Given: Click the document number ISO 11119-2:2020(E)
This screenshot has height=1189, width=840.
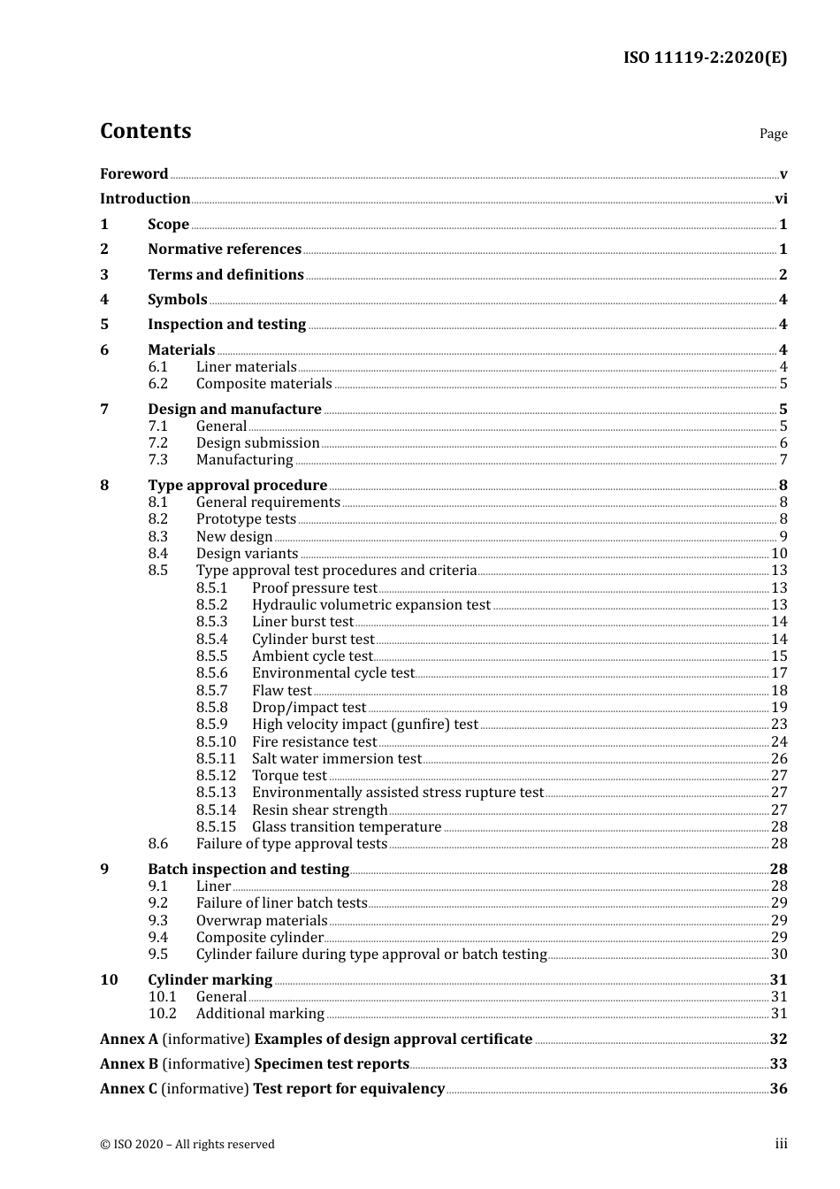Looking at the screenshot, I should [705, 58].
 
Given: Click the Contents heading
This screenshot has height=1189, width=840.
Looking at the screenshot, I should [145, 131].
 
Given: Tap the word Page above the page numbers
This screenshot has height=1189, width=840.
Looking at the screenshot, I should [773, 134].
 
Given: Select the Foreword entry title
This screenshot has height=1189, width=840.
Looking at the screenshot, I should [134, 174].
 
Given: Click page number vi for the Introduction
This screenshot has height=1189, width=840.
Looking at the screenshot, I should [781, 199].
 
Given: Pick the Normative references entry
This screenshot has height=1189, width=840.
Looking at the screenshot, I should [225, 249].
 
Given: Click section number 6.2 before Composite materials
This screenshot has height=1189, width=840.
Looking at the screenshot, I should [158, 384].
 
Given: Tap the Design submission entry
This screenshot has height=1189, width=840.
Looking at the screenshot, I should [257, 443].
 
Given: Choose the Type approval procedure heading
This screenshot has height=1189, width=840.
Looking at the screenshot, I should [237, 486].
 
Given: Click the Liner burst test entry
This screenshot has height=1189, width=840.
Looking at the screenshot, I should [302, 622].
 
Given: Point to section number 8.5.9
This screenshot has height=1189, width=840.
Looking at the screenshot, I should [212, 725].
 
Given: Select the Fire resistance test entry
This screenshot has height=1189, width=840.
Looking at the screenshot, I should [314, 742].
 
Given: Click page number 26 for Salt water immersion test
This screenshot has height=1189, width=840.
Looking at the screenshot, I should [779, 759].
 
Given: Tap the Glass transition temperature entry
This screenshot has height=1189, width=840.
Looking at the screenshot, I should [347, 827].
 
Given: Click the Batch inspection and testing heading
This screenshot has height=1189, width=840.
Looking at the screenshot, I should [248, 870].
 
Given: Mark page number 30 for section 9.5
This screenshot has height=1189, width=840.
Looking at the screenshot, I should [779, 955].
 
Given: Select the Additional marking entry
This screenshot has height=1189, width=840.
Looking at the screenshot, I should [260, 1014].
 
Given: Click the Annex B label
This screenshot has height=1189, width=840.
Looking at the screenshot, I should [129, 1064].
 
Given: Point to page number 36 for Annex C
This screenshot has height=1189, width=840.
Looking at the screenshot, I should [778, 1089].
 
